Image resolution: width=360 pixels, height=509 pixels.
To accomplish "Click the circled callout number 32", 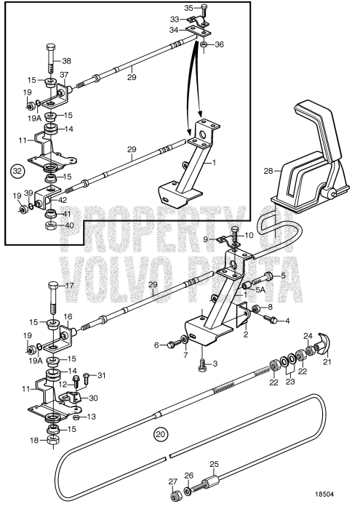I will click(x=15, y=172).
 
